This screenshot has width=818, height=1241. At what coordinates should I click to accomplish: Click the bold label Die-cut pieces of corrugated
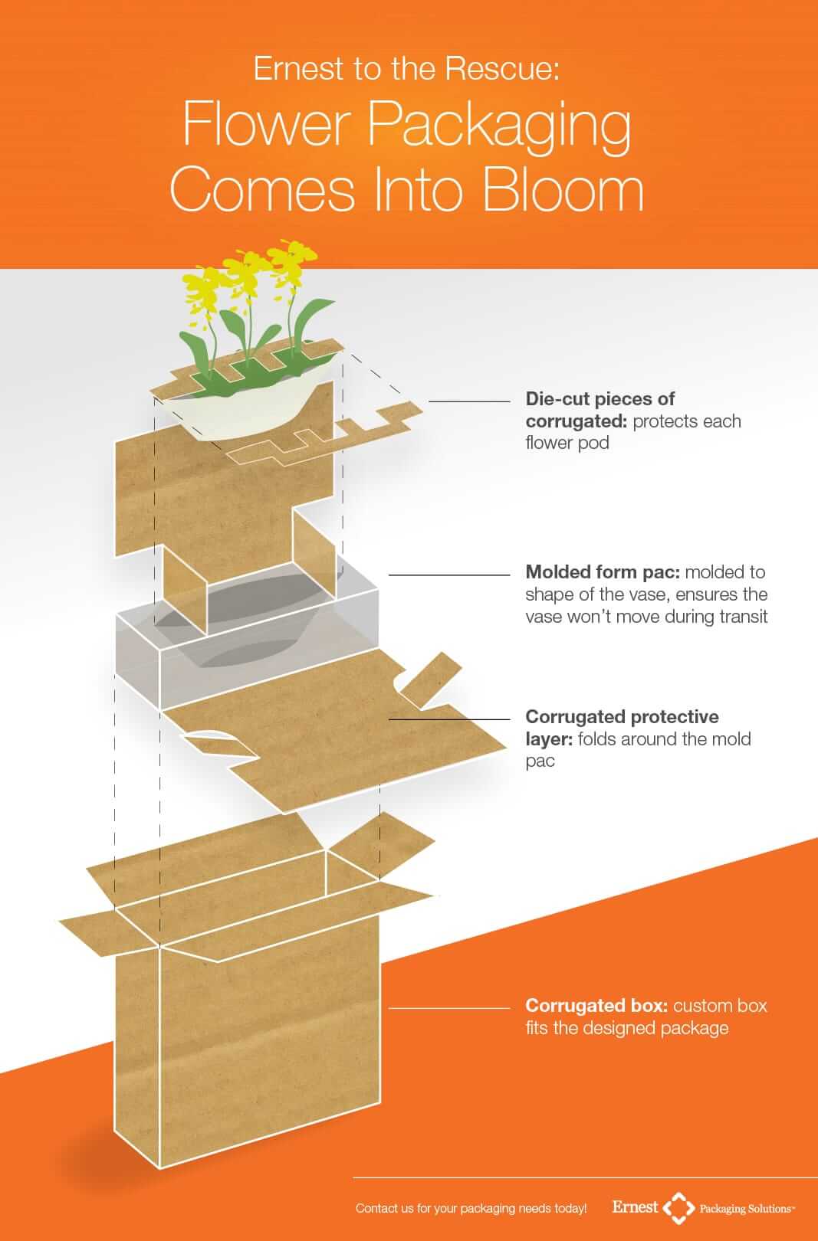coord(600,409)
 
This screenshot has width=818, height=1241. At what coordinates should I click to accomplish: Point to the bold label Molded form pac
coord(602,571)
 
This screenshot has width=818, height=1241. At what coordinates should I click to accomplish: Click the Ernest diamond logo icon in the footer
coord(678,1208)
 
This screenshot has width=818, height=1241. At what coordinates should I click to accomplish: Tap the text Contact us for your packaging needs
coord(471,1209)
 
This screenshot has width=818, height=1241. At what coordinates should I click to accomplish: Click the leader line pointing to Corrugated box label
coord(448,1007)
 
